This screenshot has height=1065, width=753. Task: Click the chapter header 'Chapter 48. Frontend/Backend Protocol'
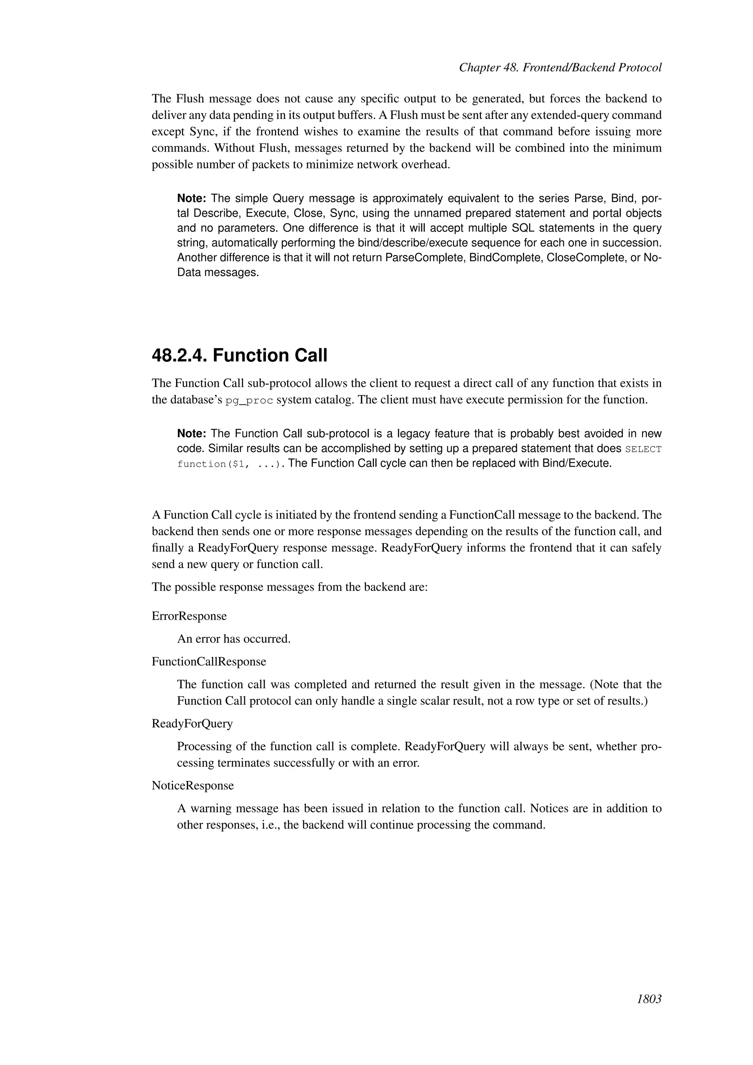[560, 68]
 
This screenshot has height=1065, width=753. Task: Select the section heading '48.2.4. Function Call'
[239, 356]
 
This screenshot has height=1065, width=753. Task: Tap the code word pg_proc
[249, 401]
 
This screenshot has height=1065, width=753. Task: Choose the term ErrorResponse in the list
[189, 616]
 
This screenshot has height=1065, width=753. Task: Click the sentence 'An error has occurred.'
[234, 639]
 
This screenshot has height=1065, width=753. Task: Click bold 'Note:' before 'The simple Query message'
[192, 199]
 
